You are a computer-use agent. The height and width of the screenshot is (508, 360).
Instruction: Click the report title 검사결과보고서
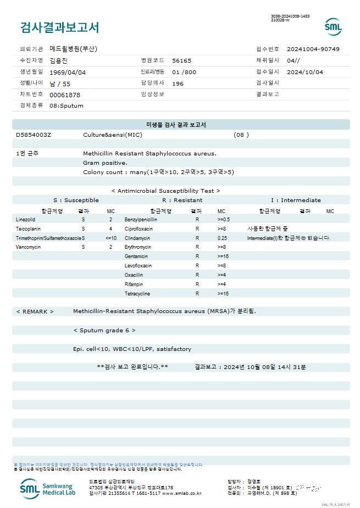[x=59, y=27]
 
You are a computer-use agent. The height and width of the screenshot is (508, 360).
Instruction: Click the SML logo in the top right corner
[x=333, y=27]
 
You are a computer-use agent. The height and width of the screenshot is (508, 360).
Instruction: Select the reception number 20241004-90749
[x=313, y=49]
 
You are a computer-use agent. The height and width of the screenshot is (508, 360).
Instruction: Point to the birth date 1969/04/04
[x=68, y=72]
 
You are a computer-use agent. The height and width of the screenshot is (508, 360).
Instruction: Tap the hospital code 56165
[x=181, y=60]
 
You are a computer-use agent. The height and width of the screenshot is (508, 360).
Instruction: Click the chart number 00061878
[x=65, y=94]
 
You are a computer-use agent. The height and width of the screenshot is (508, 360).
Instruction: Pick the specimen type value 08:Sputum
[x=67, y=105]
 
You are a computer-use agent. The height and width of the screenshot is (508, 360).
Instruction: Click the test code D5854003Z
[x=34, y=135]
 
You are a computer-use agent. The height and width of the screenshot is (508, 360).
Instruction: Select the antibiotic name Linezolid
[x=26, y=219]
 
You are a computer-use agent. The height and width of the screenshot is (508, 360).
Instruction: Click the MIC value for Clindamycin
[x=222, y=238]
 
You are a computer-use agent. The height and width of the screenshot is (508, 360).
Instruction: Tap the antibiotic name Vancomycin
[x=28, y=247]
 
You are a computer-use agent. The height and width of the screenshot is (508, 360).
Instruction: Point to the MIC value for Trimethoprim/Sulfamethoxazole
[x=110, y=238]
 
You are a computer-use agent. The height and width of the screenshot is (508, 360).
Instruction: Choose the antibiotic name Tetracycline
[x=137, y=294]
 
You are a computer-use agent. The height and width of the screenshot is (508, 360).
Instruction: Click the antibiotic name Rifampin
[x=134, y=284]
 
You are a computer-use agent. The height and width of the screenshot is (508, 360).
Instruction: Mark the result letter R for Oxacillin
[x=197, y=275]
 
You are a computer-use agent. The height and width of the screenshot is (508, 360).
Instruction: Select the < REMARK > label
[x=35, y=311]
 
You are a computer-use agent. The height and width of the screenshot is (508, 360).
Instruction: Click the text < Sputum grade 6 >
[x=104, y=330]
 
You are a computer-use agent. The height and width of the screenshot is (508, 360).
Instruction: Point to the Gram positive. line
[x=105, y=163]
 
